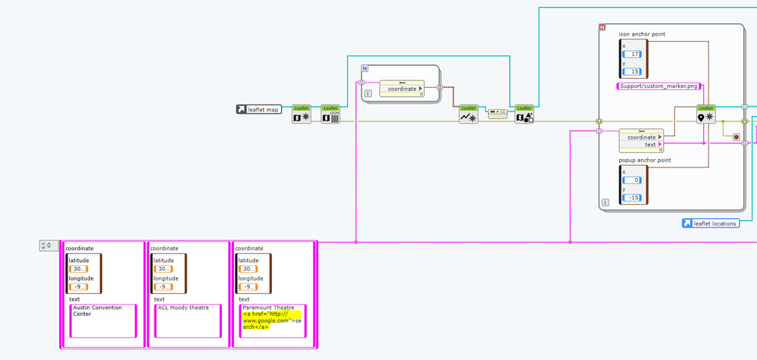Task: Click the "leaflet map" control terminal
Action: (258, 110)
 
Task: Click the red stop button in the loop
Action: (736, 137)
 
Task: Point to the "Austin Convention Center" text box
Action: (103, 321)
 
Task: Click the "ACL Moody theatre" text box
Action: (188, 321)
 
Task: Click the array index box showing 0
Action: (48, 246)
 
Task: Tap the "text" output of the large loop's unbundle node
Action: (650, 144)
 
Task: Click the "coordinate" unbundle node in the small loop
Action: (402, 88)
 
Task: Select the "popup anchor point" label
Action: (645, 160)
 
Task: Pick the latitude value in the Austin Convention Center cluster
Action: (79, 268)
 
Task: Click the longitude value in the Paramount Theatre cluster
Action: (248, 286)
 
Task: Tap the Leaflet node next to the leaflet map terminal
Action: (302, 114)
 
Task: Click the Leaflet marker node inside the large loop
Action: (705, 114)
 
